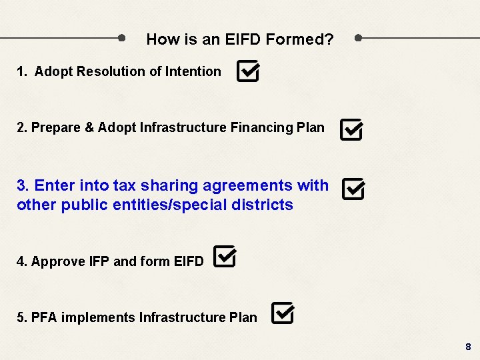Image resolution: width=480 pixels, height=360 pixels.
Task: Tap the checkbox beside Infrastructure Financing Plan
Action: (x=351, y=129)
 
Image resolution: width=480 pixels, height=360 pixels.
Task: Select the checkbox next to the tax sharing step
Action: (x=353, y=189)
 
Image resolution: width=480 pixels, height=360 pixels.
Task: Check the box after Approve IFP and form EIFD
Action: (x=224, y=257)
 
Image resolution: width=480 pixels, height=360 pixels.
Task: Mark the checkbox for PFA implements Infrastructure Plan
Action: (x=282, y=313)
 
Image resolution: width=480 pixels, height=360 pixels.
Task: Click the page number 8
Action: (x=468, y=347)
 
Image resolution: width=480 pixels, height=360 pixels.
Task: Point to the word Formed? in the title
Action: (x=299, y=39)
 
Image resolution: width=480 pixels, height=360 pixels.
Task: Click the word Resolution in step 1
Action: (x=108, y=71)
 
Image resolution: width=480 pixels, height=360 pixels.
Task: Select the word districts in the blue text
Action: (x=263, y=205)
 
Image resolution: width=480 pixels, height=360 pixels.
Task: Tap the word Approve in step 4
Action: (x=58, y=261)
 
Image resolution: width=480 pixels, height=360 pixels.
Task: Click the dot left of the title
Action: (x=121, y=38)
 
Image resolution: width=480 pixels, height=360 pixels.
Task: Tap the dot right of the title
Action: (x=359, y=38)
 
